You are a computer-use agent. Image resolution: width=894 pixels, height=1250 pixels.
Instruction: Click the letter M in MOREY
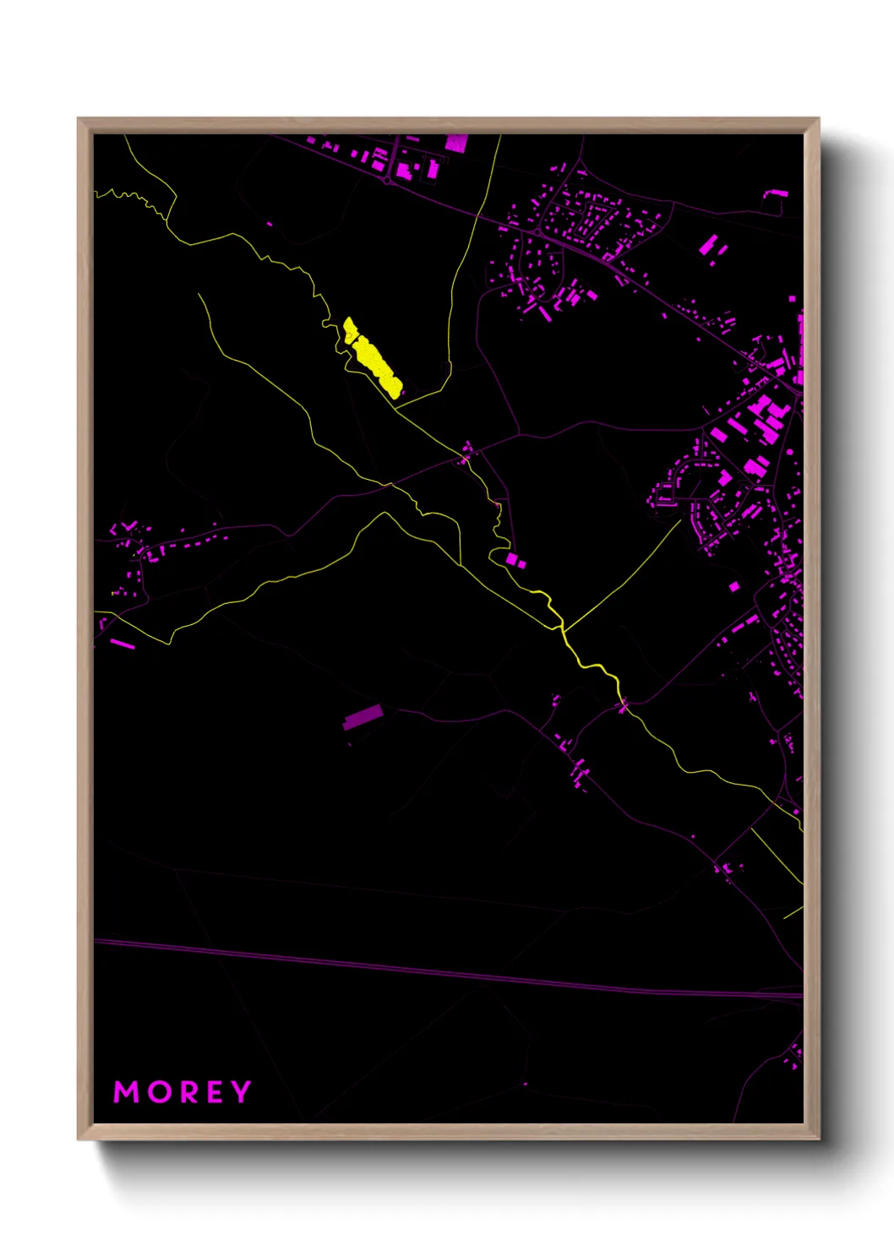click(x=126, y=1092)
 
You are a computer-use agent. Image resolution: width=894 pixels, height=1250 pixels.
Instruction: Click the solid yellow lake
click(x=373, y=356)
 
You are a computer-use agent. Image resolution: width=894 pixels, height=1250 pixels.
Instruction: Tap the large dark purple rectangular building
click(x=363, y=717)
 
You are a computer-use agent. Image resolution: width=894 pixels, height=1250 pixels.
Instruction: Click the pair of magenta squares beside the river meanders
click(x=515, y=561)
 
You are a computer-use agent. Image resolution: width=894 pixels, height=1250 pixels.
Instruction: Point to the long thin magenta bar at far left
click(x=122, y=644)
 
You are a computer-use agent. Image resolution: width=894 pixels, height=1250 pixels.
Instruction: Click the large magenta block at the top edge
click(x=456, y=143)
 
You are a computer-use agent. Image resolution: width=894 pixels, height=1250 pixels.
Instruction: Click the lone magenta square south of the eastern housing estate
click(x=733, y=586)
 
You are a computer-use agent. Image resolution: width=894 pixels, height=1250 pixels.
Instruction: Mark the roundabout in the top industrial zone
click(x=387, y=180)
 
